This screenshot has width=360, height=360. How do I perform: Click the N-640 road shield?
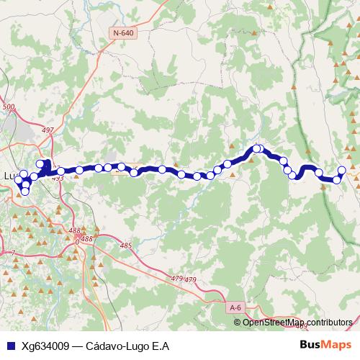point(124,32)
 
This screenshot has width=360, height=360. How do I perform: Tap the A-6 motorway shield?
point(235,308)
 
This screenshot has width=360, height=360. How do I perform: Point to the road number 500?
point(9,107)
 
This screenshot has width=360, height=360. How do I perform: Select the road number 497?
point(48,130)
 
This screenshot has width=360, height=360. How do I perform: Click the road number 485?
point(127,246)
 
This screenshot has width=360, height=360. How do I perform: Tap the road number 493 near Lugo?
point(58,178)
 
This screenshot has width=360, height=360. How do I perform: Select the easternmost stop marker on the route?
point(342,171)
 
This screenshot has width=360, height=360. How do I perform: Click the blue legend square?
point(9,346)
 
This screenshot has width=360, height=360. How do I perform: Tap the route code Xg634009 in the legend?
point(45,346)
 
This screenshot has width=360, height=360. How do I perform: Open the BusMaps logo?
point(325,345)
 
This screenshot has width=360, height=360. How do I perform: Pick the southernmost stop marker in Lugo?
point(26,192)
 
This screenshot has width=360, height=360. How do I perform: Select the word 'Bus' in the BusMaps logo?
point(310,345)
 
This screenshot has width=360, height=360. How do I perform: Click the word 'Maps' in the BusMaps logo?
point(336,345)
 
